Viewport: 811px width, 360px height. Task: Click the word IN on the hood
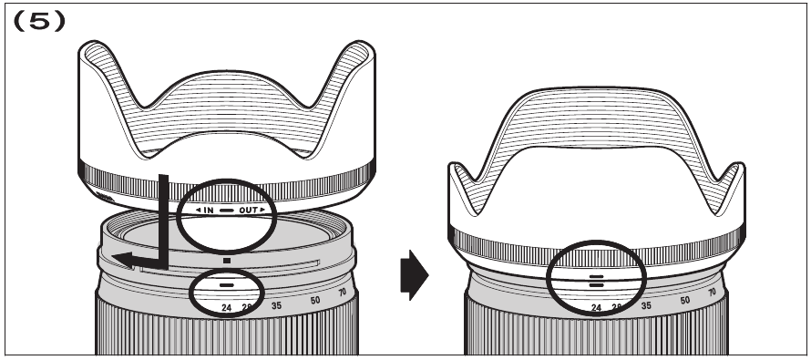(x=208, y=211)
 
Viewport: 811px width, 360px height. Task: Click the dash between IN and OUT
(x=227, y=211)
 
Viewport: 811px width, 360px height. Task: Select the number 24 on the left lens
(x=226, y=307)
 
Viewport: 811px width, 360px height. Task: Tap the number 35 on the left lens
(x=274, y=304)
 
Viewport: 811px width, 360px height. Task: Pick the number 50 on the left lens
(x=315, y=300)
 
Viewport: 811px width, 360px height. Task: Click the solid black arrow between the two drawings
(x=414, y=273)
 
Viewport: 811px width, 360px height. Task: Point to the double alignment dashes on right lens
(x=596, y=279)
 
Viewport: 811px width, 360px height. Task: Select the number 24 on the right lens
(x=597, y=308)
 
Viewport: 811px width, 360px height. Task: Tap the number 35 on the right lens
(x=645, y=305)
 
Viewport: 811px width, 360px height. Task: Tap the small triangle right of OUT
(x=264, y=211)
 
